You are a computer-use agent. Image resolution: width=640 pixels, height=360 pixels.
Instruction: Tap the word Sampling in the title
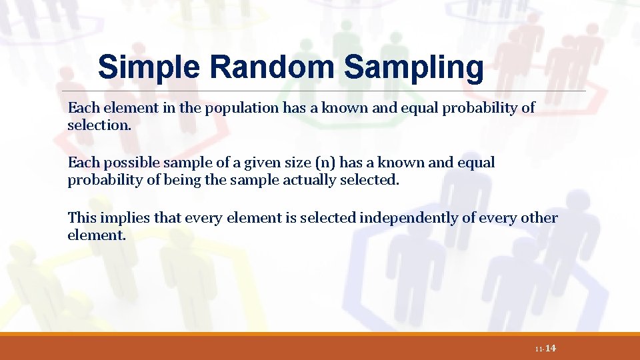414,68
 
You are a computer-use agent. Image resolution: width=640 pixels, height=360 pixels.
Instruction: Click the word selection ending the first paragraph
95,125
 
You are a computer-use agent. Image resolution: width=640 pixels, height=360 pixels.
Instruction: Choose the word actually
288,179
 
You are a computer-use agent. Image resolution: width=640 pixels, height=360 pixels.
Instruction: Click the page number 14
551,349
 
